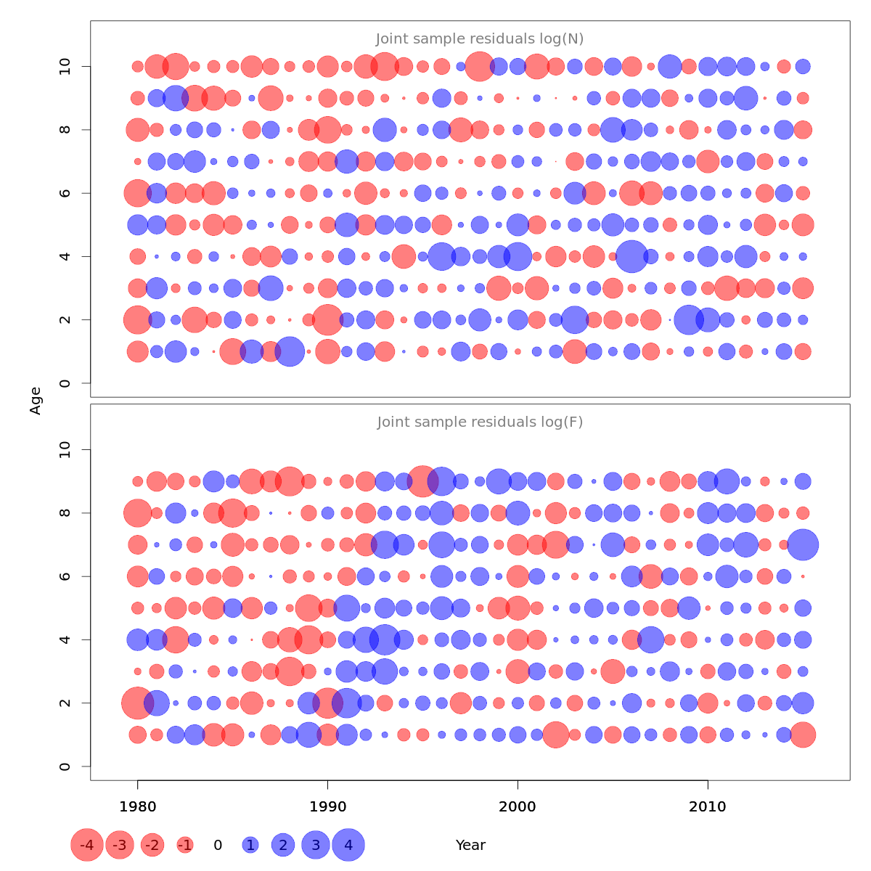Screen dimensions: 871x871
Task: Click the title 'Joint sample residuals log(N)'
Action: click(x=480, y=39)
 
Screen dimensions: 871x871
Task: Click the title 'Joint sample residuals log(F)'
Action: click(x=480, y=422)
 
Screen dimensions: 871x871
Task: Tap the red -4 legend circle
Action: click(x=87, y=845)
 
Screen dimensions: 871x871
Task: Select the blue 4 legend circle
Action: click(x=348, y=845)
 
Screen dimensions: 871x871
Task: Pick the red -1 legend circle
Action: click(x=185, y=845)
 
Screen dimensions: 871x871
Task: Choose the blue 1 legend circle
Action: click(x=250, y=845)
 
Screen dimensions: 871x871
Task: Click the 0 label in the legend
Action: click(x=218, y=845)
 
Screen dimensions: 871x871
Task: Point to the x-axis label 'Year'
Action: click(x=470, y=845)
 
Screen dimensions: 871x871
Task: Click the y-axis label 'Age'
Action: click(x=36, y=401)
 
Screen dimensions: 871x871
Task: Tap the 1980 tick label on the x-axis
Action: click(x=137, y=807)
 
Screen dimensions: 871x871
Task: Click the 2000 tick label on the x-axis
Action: click(x=518, y=807)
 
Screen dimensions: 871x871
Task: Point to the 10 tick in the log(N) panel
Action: click(x=65, y=67)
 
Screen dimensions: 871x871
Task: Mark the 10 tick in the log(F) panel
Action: click(x=65, y=450)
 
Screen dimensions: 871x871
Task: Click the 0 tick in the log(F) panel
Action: click(x=65, y=766)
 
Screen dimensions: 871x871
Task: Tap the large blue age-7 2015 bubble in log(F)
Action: click(x=803, y=544)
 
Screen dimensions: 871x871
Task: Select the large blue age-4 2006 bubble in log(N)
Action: click(x=631, y=256)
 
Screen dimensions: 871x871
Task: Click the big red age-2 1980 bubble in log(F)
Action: click(x=137, y=703)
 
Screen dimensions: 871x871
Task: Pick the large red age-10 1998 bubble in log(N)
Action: click(x=479, y=67)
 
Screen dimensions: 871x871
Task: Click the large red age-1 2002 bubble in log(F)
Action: click(x=556, y=735)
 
